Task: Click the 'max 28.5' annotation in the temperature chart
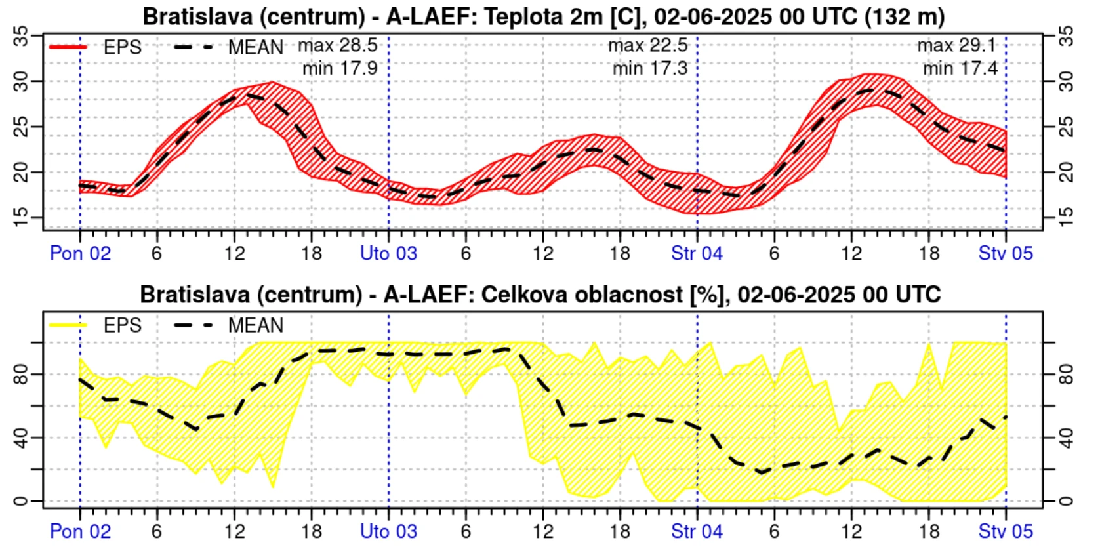[x=337, y=45]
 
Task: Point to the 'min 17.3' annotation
[x=649, y=68]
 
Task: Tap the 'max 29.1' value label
[x=956, y=45]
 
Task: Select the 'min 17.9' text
[x=340, y=68]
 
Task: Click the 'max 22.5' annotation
[x=647, y=45]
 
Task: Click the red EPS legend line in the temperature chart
[x=68, y=47]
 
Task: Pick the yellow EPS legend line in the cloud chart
[x=68, y=325]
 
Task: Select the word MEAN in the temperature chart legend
[x=256, y=47]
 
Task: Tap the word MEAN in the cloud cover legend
[x=256, y=325]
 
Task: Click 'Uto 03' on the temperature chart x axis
[x=388, y=253]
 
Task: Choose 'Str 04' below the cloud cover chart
[x=697, y=531]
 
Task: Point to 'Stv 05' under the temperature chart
[x=1006, y=253]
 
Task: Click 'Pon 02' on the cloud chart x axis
[x=80, y=531]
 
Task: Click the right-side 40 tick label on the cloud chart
[x=1067, y=438]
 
